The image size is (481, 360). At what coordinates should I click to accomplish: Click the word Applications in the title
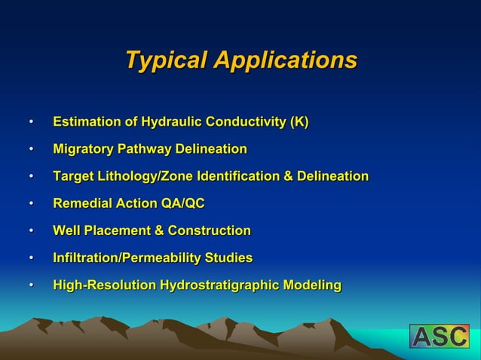(285, 59)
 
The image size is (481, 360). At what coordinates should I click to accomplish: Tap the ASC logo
(439, 336)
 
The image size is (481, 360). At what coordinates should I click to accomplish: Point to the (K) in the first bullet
(299, 122)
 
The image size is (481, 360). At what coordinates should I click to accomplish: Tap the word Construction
(209, 230)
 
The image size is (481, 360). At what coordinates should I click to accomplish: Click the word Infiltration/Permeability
(126, 258)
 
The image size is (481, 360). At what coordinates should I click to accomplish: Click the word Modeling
(312, 285)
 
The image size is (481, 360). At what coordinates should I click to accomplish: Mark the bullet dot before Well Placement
(31, 230)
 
